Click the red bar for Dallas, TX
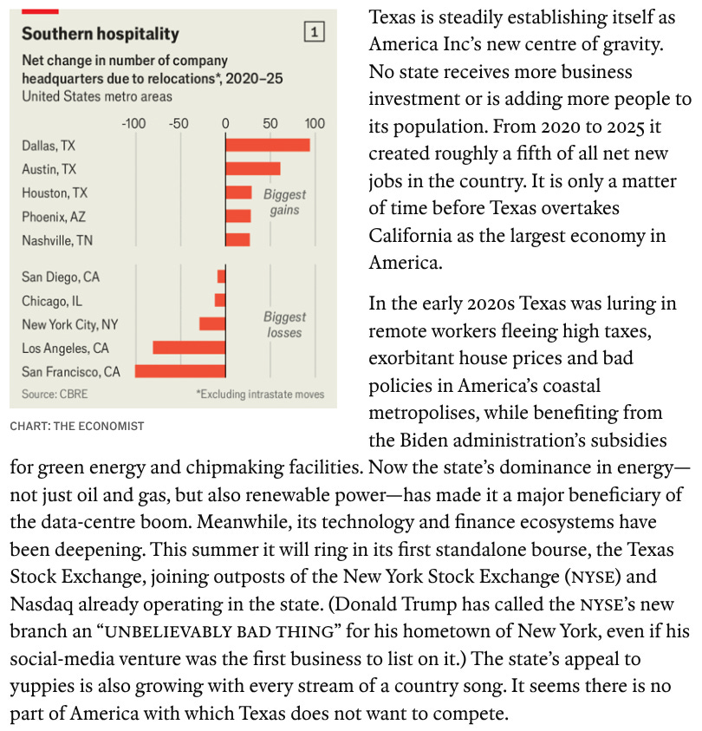click(x=268, y=145)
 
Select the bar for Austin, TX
click(x=253, y=169)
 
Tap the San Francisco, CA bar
click(x=180, y=371)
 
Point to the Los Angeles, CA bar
click(x=189, y=348)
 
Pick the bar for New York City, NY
click(x=212, y=323)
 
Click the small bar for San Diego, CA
click(x=221, y=277)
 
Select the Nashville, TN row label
click(x=57, y=240)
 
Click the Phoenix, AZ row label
click(x=54, y=217)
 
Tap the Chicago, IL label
click(x=52, y=301)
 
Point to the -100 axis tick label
click(x=133, y=123)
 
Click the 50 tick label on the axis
click(x=270, y=123)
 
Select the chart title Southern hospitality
click(x=101, y=34)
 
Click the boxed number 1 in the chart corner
click(x=315, y=32)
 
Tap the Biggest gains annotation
click(x=284, y=202)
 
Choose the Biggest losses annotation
click(x=284, y=324)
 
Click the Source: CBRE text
click(x=55, y=394)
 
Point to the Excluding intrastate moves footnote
click(x=260, y=394)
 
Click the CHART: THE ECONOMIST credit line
click(x=77, y=426)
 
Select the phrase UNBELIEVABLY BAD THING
click(x=220, y=631)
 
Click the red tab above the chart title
click(x=40, y=11)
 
